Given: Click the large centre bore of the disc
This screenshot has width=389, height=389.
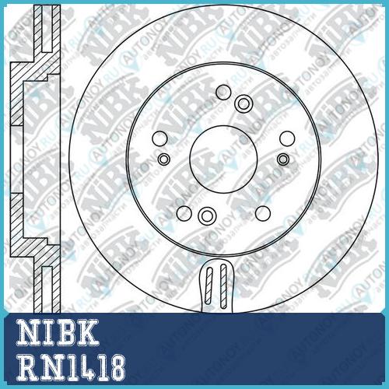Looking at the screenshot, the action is coord(223,159).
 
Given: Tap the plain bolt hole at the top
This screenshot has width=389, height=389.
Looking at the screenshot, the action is coord(223,92).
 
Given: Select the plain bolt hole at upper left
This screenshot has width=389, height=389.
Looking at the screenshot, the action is coord(159,138).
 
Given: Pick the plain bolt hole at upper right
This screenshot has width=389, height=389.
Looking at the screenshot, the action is coord(287,138).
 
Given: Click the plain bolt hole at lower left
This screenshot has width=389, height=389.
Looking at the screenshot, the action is coord(184,213).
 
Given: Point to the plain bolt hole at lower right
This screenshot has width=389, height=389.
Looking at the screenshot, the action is coord(263,213).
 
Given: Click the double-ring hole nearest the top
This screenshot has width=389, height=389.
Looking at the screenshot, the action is coord(244,104).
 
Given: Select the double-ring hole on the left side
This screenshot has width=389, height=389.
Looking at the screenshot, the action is coord(164,159).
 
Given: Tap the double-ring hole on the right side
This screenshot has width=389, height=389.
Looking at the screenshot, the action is coord(283,159).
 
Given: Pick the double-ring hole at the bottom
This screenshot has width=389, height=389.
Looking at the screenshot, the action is coord(207,216).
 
